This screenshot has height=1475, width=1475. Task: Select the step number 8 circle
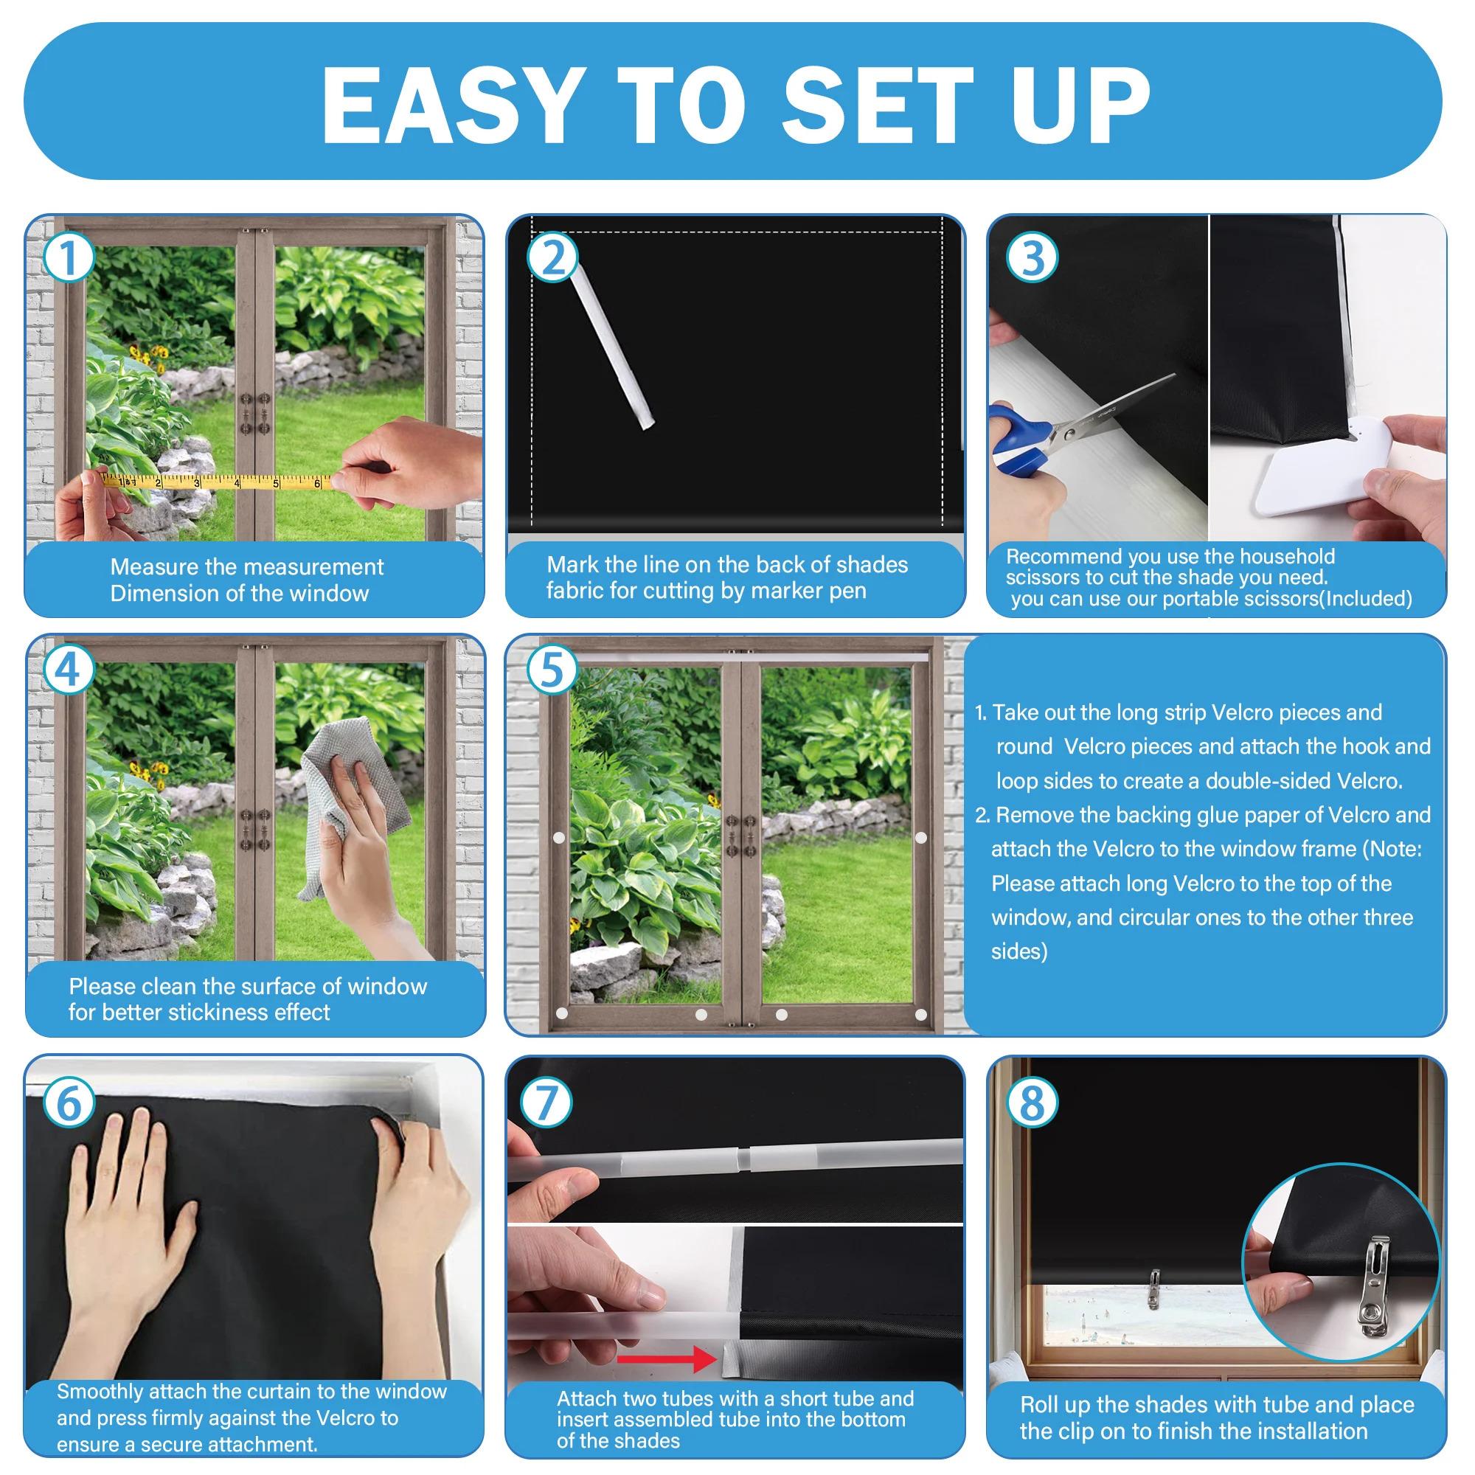1032,1103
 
